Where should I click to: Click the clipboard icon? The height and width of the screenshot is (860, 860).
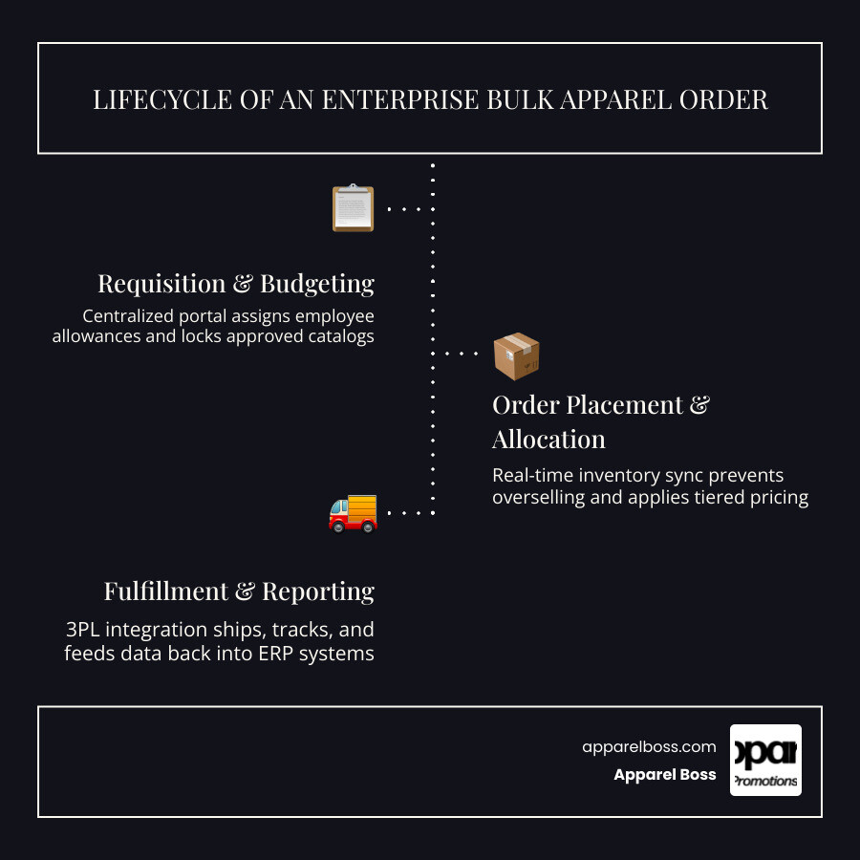point(353,208)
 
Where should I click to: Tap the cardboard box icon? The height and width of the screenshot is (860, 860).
point(516,356)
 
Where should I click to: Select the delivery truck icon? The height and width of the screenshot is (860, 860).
point(353,514)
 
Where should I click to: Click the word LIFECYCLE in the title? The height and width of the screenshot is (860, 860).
point(162,99)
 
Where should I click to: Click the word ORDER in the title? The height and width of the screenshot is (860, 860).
point(723,99)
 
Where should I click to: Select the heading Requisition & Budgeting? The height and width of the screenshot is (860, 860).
point(236,284)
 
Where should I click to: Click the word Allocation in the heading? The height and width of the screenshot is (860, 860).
point(548,440)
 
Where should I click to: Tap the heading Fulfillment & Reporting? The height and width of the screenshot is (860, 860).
point(239,591)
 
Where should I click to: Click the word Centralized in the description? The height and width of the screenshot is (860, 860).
point(128,316)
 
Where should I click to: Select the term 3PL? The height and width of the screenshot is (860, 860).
point(83,630)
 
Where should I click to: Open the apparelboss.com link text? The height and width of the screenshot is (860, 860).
point(649,747)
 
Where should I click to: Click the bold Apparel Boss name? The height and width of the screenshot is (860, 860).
point(665,774)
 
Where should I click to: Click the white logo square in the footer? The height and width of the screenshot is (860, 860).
point(765,761)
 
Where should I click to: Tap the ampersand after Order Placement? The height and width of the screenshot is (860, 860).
point(699,405)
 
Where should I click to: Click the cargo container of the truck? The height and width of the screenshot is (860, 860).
point(362,508)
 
